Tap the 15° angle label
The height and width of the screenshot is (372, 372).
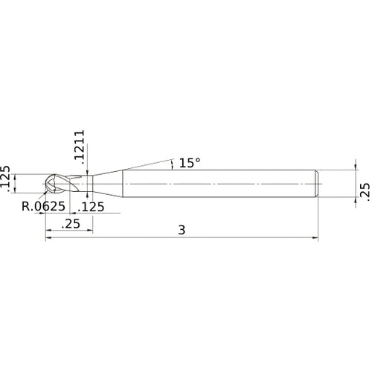(x=190, y=162)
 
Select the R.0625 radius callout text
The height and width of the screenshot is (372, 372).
(x=42, y=206)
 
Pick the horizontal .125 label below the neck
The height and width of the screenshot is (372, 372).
(x=92, y=206)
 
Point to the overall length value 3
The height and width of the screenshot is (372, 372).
(x=182, y=231)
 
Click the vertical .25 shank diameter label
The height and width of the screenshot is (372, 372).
(x=364, y=190)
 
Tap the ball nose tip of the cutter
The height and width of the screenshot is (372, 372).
(x=47, y=184)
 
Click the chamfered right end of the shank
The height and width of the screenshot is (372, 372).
(x=318, y=184)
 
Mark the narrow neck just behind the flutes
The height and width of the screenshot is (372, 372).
(x=87, y=184)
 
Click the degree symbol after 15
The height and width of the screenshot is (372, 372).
(x=197, y=158)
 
